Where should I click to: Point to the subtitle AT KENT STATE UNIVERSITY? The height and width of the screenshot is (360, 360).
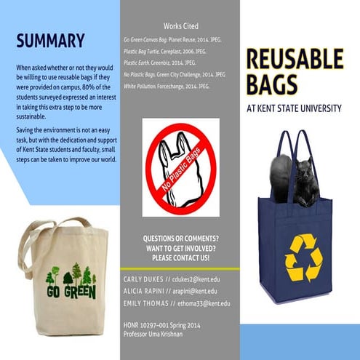294,108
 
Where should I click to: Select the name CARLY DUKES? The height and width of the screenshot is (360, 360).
144,277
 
